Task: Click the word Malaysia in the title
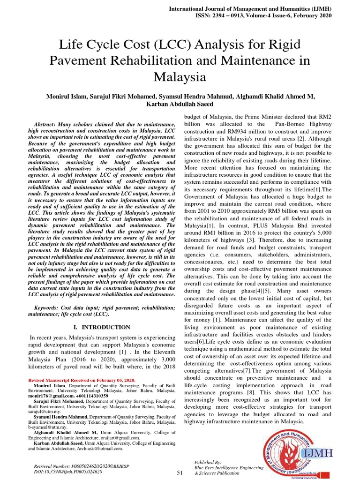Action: click(180, 76)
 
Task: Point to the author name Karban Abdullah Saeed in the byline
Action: click(180, 104)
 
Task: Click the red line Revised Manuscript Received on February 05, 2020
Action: click(82, 380)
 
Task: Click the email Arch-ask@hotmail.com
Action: click(100, 448)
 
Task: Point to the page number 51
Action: click(180, 473)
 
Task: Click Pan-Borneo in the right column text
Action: click(291, 124)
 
